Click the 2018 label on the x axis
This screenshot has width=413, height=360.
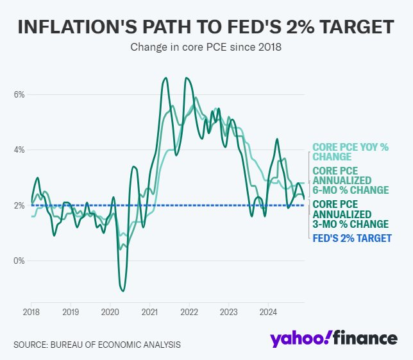tap(31, 313)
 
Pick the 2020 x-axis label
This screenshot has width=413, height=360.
tap(110, 313)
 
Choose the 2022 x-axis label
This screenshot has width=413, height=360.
tap(189, 313)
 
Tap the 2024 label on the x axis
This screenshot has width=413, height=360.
tap(269, 313)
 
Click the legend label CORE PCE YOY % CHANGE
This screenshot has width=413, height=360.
tap(350, 152)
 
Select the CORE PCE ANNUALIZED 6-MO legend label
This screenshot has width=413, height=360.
tap(350, 181)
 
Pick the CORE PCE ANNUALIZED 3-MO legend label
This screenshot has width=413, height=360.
tap(350, 214)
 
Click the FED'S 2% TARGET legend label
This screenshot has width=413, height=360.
tap(351, 238)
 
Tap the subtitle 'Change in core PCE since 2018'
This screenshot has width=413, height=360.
tap(206, 47)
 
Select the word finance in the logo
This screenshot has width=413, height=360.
tap(367, 339)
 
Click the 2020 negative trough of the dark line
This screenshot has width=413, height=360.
tap(122, 291)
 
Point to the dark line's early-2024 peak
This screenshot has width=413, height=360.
tap(277, 139)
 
